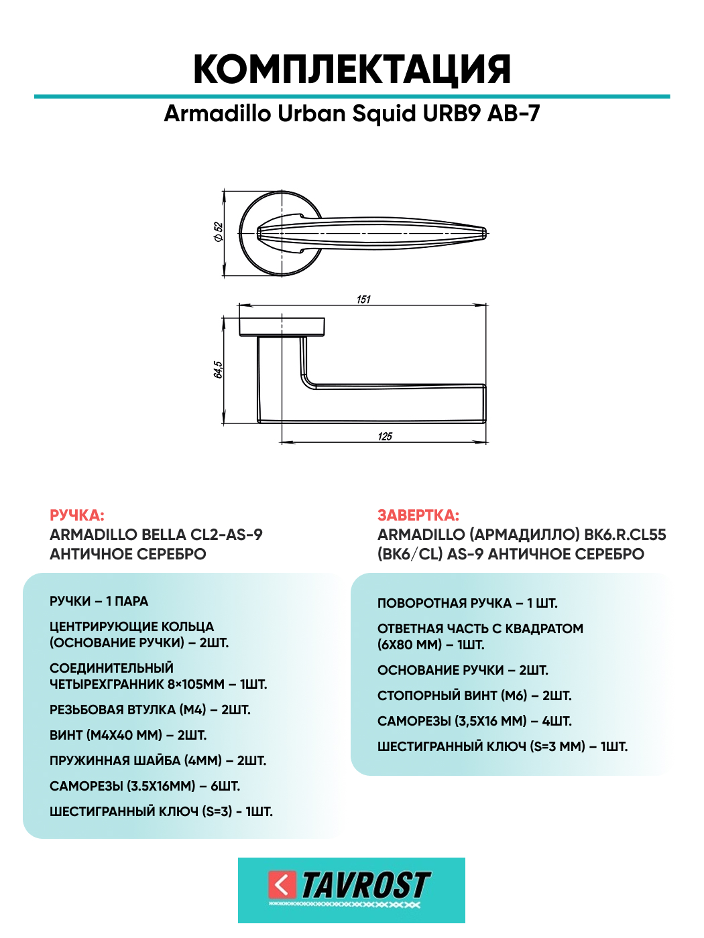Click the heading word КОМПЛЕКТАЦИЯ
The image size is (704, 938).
point(352,69)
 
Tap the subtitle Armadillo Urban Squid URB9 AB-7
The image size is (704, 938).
point(352,114)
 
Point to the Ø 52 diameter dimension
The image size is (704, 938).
point(219,232)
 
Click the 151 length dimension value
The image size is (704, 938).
point(363,299)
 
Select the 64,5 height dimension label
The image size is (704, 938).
point(218,369)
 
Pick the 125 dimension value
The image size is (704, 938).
point(385,436)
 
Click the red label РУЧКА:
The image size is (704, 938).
point(77,515)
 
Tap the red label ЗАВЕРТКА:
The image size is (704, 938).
point(418,515)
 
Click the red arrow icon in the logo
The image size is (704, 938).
point(282,884)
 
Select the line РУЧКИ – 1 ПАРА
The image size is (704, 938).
point(99,601)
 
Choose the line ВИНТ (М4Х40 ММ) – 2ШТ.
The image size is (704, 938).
point(128,735)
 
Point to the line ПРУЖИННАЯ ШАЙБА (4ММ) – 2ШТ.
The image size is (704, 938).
point(158,760)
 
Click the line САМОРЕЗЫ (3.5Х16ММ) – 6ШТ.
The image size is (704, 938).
point(145,786)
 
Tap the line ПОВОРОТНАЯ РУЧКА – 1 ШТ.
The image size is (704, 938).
point(467,604)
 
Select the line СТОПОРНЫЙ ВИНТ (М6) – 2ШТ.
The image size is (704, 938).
point(475,695)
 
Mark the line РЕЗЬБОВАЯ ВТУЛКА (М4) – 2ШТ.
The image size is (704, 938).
point(150,710)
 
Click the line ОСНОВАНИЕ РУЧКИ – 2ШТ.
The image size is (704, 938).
point(463,670)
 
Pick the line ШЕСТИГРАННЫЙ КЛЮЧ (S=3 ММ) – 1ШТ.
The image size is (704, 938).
point(503,746)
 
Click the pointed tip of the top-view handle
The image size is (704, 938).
point(486,233)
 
